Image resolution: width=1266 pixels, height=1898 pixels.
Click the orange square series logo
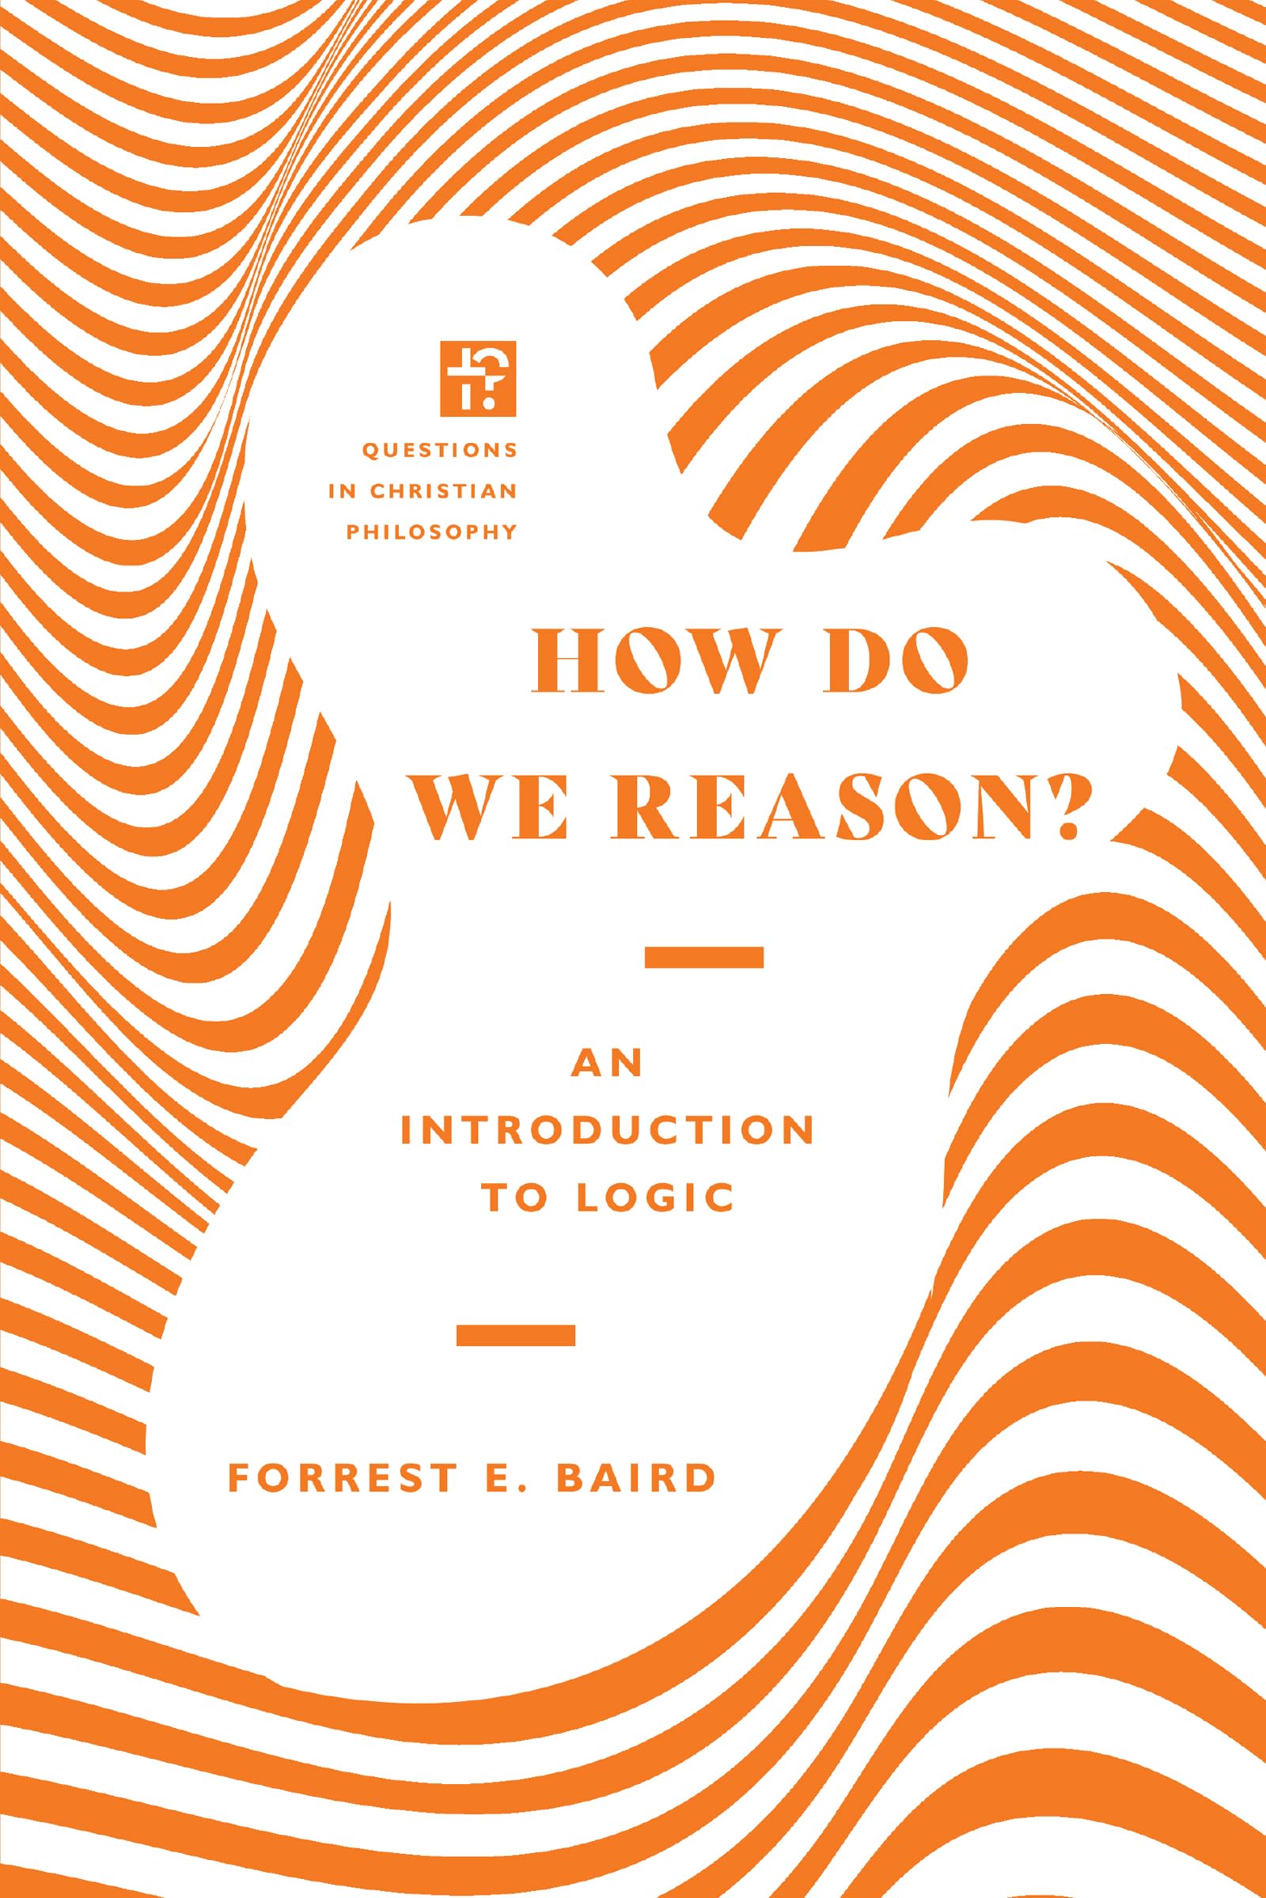click(478, 380)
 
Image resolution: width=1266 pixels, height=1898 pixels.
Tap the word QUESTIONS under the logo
click(440, 451)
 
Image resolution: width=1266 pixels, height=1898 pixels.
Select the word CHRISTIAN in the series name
click(444, 491)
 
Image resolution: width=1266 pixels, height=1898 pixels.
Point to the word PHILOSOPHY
click(432, 531)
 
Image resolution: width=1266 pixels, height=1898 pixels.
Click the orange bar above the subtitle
click(704, 957)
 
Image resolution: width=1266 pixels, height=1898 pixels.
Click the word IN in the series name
click(342, 491)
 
